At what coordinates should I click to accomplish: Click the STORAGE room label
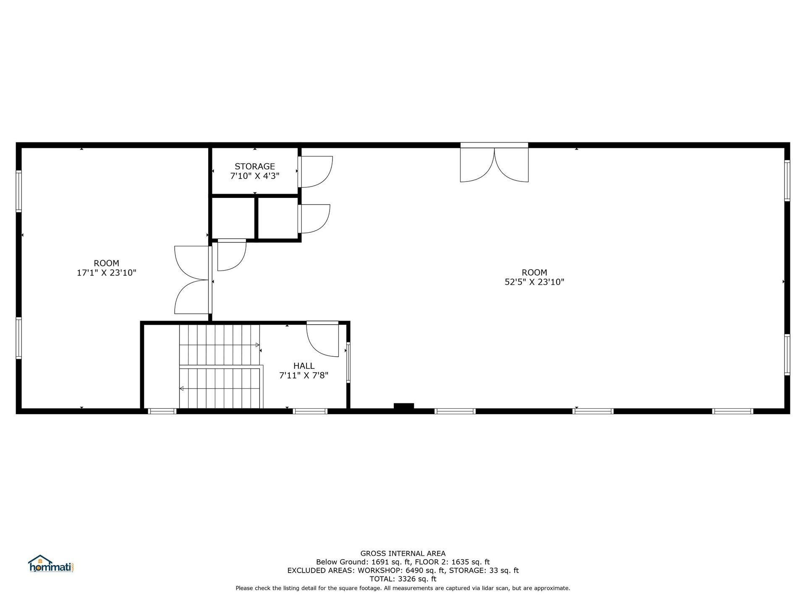pyautogui.click(x=254, y=166)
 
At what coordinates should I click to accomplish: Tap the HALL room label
pyautogui.click(x=304, y=366)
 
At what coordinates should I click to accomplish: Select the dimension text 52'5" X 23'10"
pyautogui.click(x=534, y=282)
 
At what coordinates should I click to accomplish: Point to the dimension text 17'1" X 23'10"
pyautogui.click(x=106, y=273)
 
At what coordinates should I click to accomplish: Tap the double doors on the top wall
pyautogui.click(x=494, y=165)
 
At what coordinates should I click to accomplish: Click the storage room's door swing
pyautogui.click(x=316, y=171)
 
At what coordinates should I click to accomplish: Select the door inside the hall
pyautogui.click(x=323, y=338)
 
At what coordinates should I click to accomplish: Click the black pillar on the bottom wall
pyautogui.click(x=403, y=406)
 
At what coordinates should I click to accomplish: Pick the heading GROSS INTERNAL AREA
pyautogui.click(x=403, y=554)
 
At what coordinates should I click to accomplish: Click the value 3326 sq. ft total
pyautogui.click(x=417, y=579)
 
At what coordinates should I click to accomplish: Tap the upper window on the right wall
pyautogui.click(x=787, y=181)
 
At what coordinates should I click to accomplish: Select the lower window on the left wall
pyautogui.click(x=19, y=338)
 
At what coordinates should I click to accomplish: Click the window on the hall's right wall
pyautogui.click(x=348, y=363)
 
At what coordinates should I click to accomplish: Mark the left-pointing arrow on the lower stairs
pyautogui.click(x=182, y=389)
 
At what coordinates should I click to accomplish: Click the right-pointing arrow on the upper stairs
pyautogui.click(x=257, y=345)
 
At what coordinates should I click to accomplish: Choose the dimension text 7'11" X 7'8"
pyautogui.click(x=304, y=375)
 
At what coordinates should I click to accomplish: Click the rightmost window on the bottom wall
pyautogui.click(x=733, y=411)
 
